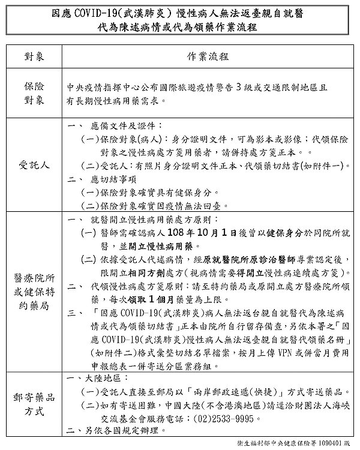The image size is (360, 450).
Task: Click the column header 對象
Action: tap(34, 56)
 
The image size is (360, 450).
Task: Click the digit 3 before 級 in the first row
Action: tap(238, 87)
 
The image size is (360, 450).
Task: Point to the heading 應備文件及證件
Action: tap(125, 127)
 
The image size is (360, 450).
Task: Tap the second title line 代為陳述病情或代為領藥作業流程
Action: tap(180, 27)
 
